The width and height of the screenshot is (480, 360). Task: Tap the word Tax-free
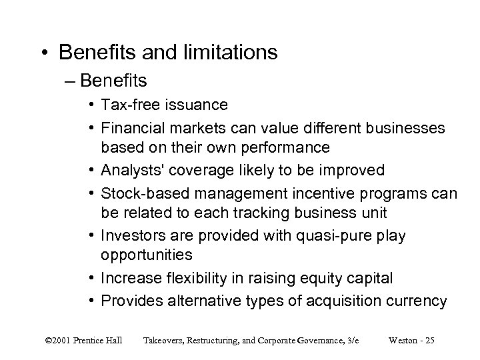(127, 105)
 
